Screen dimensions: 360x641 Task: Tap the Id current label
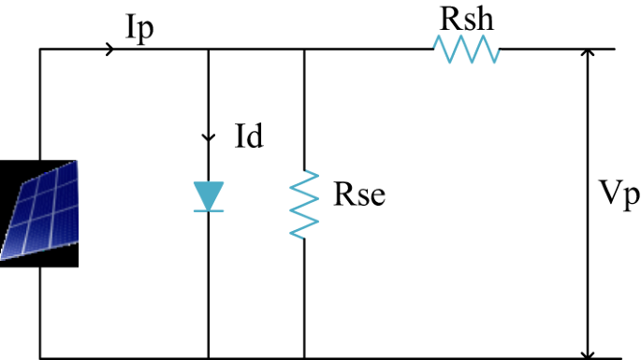[248, 138]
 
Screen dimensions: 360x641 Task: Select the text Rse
[359, 197]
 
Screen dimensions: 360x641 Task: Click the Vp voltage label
[619, 195]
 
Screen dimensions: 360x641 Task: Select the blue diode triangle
[208, 195]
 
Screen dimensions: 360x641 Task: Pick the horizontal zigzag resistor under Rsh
[467, 50]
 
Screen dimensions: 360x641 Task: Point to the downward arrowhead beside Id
[208, 138]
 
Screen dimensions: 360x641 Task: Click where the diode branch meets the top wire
[208, 50]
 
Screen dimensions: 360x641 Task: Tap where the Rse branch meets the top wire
[305, 50]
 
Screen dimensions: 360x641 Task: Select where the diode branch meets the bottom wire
[208, 357]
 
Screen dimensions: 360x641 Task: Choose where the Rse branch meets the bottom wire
[305, 357]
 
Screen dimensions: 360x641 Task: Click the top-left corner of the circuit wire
[40, 50]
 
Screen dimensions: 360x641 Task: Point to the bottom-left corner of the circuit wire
[40, 357]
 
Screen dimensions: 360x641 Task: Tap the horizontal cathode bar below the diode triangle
[208, 211]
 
